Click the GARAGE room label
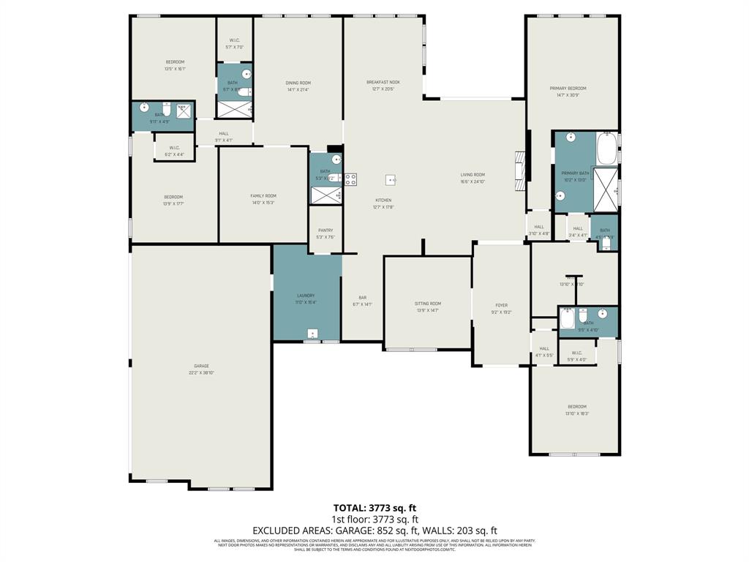(201, 366)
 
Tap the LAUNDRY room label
(306, 296)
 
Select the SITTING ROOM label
(428, 304)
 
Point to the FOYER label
(501, 305)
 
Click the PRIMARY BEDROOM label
(568, 89)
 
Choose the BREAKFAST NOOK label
(383, 83)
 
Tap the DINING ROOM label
(298, 83)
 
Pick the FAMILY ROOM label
(263, 196)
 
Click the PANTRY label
(325, 231)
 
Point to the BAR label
(363, 297)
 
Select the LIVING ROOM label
(473, 175)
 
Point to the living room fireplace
(521, 170)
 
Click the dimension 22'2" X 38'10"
(201, 373)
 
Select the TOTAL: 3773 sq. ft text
(374, 508)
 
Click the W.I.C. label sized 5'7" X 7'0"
(234, 47)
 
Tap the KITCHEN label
(383, 200)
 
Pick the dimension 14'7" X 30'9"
(568, 95)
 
